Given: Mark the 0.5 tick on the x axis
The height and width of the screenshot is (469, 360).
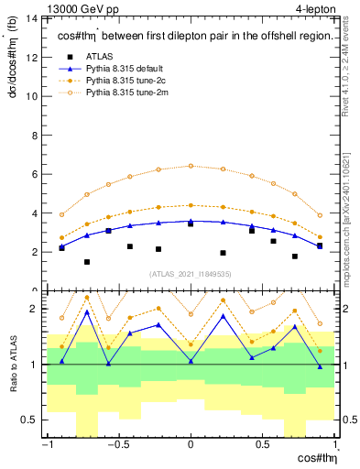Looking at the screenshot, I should click(264, 445).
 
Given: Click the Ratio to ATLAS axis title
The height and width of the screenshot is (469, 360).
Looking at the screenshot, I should click(13, 365).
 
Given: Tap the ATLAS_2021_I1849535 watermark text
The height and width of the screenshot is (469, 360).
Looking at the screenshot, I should click(191, 273).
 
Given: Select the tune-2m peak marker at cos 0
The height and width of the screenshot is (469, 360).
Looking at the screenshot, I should click(191, 166).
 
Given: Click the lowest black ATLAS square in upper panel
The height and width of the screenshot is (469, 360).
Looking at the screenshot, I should click(87, 262).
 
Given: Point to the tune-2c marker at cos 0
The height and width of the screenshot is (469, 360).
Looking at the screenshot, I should click(191, 205).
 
